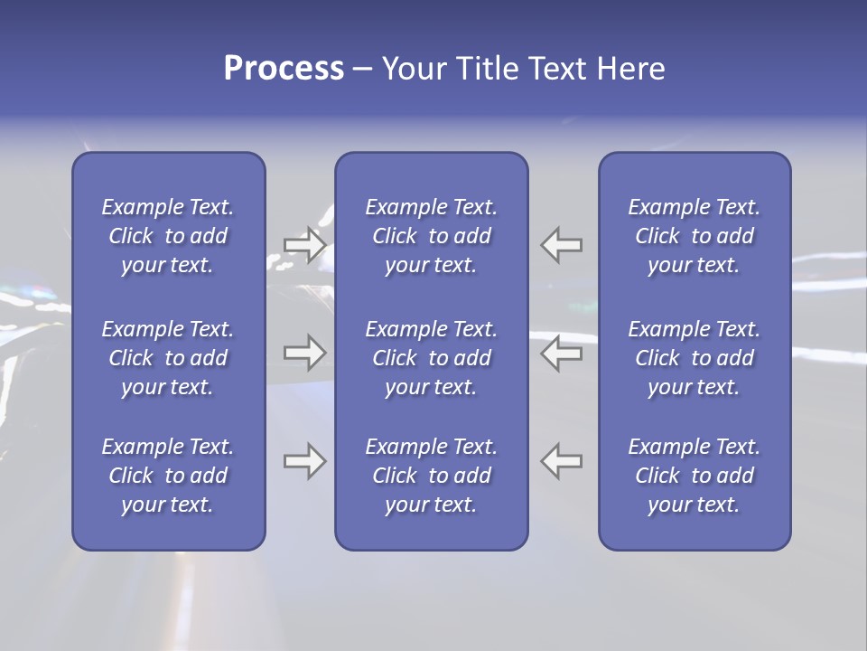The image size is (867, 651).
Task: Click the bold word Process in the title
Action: coord(284,69)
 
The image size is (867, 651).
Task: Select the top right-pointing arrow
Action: coord(305,244)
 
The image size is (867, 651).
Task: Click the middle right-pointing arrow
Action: coord(305,353)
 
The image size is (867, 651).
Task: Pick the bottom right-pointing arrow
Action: coord(305,461)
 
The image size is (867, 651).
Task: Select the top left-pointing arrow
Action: coord(562,244)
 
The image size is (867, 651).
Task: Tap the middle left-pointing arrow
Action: coord(562,353)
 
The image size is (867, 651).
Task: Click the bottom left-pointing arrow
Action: coord(562,461)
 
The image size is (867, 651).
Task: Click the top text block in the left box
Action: coord(168,236)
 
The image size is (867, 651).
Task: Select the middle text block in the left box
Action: coord(168,358)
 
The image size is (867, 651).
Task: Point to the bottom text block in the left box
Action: coord(168,476)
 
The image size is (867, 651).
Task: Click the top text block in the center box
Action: coord(432,236)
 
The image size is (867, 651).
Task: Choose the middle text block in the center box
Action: coord(432,358)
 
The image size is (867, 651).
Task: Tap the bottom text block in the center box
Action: coord(432,476)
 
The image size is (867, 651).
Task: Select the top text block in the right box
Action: coord(695,236)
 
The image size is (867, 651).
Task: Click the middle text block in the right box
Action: coord(695,358)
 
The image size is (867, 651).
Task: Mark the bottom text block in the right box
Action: coord(695,476)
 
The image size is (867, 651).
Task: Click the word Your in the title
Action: coord(411,69)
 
